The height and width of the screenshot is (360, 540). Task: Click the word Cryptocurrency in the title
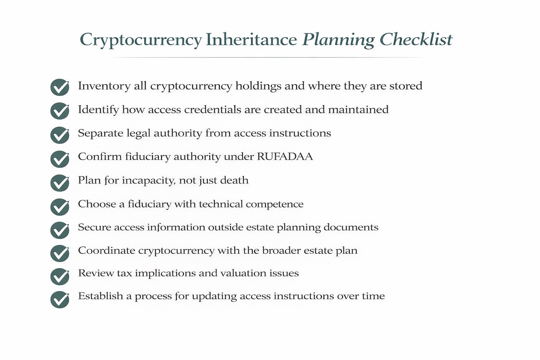pyautogui.click(x=141, y=39)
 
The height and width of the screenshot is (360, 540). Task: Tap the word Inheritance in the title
pyautogui.click(x=251, y=39)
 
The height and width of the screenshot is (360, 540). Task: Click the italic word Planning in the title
pyautogui.click(x=338, y=40)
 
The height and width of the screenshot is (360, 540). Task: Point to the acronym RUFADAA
pyautogui.click(x=285, y=156)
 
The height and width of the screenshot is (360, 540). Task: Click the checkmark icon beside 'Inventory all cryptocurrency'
pyautogui.click(x=60, y=87)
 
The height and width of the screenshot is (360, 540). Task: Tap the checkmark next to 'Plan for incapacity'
pyautogui.click(x=60, y=183)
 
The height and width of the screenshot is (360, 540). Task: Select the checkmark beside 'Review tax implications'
pyautogui.click(x=60, y=277)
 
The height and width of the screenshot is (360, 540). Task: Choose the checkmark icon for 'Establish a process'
pyautogui.click(x=60, y=300)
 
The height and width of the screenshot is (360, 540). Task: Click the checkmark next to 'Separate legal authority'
pyautogui.click(x=60, y=135)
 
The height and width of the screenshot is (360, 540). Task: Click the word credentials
pyautogui.click(x=223, y=109)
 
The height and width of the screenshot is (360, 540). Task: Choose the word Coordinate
pyautogui.click(x=107, y=251)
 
